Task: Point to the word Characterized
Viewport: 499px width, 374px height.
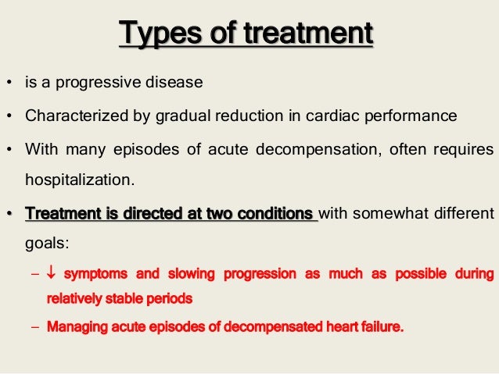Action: (x=68, y=118)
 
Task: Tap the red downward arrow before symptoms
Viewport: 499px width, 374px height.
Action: (x=52, y=275)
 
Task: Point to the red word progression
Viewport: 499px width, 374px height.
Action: (x=259, y=275)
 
